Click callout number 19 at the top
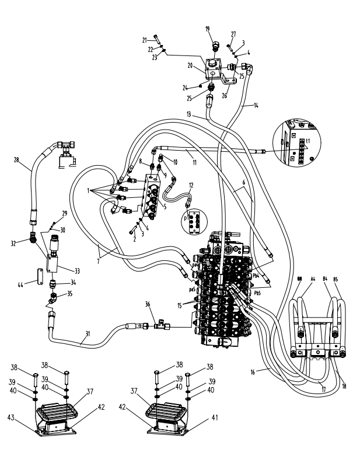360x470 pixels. (207, 29)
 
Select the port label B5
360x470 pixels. (337, 280)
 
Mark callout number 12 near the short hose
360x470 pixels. (191, 185)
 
